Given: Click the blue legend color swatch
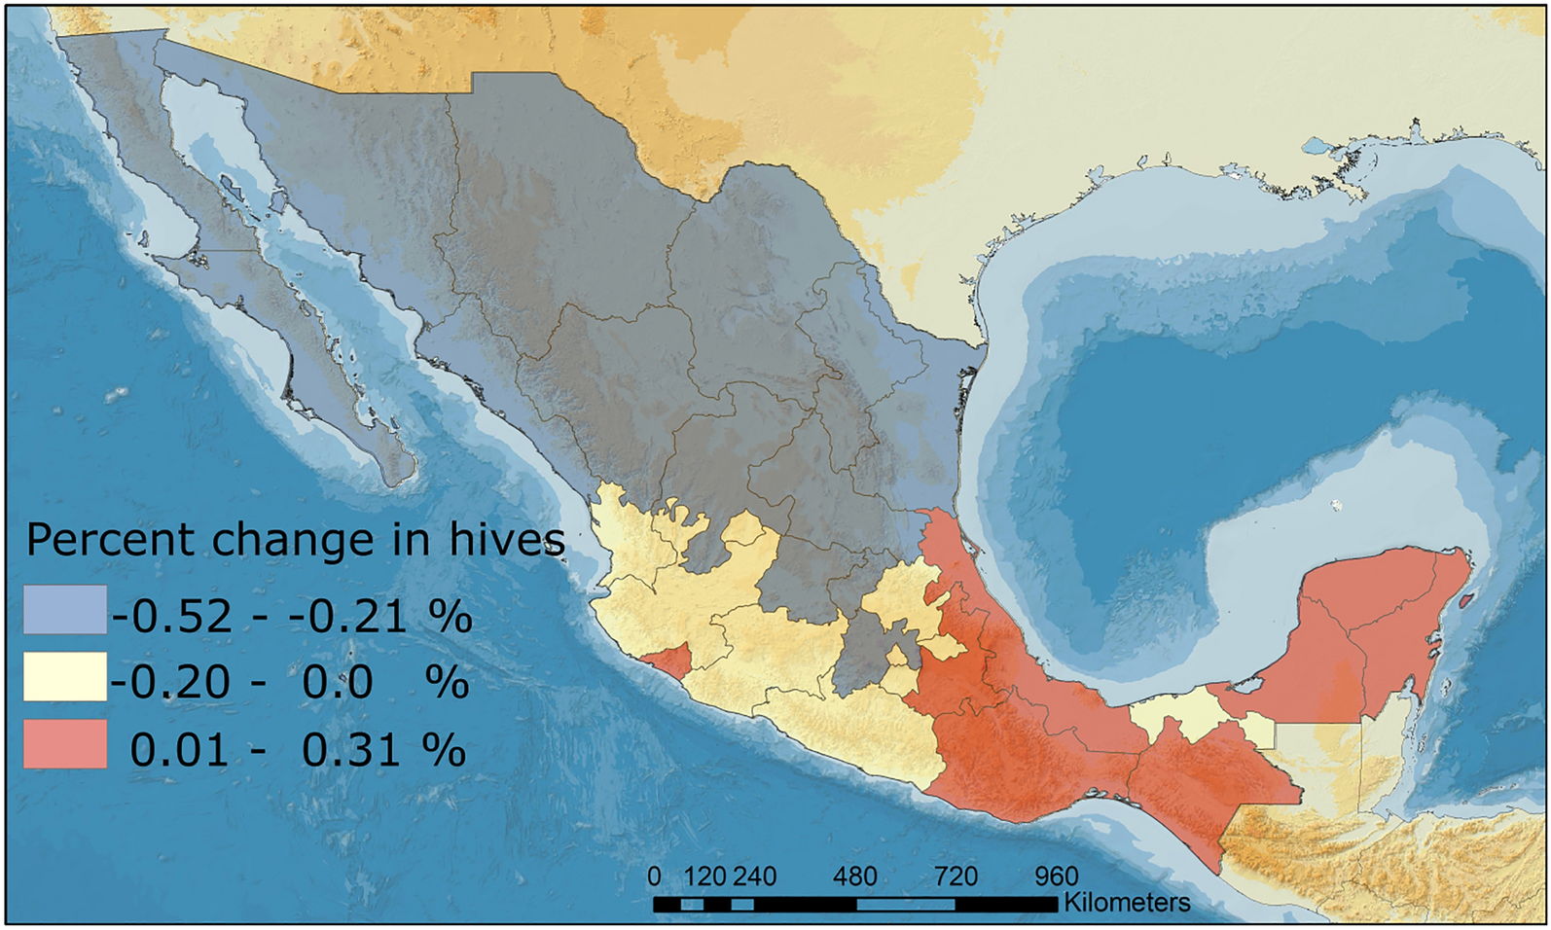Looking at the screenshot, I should pos(65,610).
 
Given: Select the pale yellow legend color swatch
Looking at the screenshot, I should pos(65,677).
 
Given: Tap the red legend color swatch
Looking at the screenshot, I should pos(65,744).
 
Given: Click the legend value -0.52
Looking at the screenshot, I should pos(172,617).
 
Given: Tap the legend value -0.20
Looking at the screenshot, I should pos(172,683).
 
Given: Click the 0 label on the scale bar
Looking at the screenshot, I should pos(654,877).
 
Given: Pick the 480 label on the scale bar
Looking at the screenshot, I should pos(854,877).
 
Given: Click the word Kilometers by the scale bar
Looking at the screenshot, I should pos(1126,903).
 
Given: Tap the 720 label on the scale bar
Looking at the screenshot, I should pos(955,877).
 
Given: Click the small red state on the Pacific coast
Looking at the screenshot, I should pos(668,661).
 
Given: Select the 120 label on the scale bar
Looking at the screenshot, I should pos(704,877).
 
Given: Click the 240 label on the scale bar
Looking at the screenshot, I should pos(754,877).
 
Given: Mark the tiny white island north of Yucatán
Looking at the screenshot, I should pos(1336,505).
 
